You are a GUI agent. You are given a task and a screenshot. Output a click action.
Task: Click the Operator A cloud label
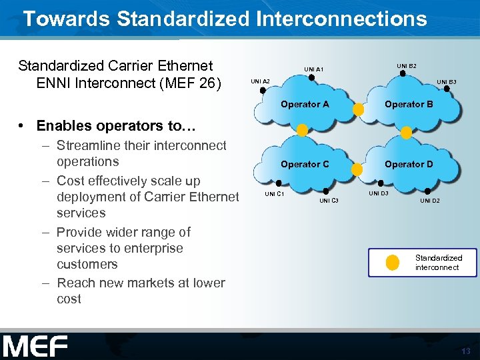click(305, 104)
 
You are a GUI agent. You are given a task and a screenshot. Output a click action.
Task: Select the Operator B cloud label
click(409, 104)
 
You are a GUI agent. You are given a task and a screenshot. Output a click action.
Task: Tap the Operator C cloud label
click(305, 164)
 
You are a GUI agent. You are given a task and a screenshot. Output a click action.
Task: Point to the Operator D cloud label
click(409, 164)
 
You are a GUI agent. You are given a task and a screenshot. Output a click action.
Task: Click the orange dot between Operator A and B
click(358, 109)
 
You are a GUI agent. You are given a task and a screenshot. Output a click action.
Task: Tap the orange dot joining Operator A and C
click(302, 131)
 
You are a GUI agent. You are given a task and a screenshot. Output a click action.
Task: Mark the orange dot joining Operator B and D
click(406, 133)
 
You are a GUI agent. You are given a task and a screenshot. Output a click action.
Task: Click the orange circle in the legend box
click(393, 263)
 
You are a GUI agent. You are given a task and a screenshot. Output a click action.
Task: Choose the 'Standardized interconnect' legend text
click(438, 263)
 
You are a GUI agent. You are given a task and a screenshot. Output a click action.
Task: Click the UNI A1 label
click(313, 69)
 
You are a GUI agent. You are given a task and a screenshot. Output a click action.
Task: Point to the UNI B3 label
click(446, 82)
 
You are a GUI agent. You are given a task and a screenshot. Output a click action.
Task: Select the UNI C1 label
click(275, 194)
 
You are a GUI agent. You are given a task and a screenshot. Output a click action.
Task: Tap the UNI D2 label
click(429, 200)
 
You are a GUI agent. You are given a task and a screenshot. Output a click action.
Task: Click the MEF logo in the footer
click(35, 347)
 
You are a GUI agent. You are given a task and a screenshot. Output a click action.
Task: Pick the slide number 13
click(465, 351)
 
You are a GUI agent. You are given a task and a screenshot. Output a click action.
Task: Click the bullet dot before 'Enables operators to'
click(23, 126)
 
